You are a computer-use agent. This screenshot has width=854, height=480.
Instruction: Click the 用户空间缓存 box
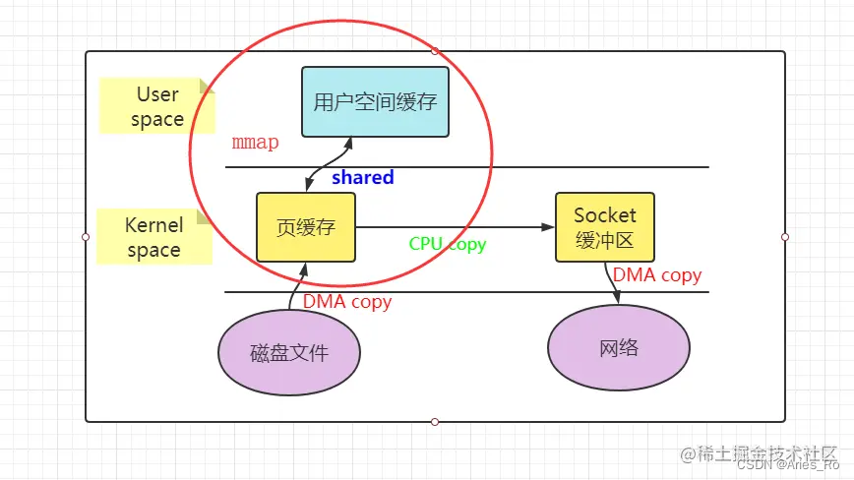pyautogui.click(x=375, y=101)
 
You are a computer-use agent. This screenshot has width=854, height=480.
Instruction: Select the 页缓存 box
pyautogui.click(x=306, y=227)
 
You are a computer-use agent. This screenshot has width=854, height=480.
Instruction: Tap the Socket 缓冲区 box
pyautogui.click(x=604, y=227)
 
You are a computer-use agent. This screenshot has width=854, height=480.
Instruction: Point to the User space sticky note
pyautogui.click(x=155, y=106)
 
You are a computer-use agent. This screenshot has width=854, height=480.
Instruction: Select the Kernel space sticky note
pyautogui.click(x=153, y=237)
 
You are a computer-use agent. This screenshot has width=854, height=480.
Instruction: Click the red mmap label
pyautogui.click(x=255, y=143)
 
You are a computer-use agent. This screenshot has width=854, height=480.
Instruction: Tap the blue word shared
pyautogui.click(x=362, y=178)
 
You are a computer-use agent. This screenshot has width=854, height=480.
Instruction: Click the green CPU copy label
pyautogui.click(x=448, y=244)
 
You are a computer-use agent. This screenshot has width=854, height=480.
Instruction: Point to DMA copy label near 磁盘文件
pyautogui.click(x=346, y=302)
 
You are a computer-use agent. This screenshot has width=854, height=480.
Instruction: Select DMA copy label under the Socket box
pyautogui.click(x=657, y=275)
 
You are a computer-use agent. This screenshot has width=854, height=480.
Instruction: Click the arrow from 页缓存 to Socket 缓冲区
pyautogui.click(x=453, y=227)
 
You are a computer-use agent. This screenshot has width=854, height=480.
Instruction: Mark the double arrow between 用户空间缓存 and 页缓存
pyautogui.click(x=327, y=165)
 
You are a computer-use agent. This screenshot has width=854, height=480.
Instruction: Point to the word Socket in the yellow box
pyautogui.click(x=604, y=214)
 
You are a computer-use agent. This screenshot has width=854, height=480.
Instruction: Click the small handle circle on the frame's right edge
pyautogui.click(x=785, y=237)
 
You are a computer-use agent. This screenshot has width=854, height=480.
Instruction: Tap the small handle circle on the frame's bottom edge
pyautogui.click(x=435, y=422)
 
